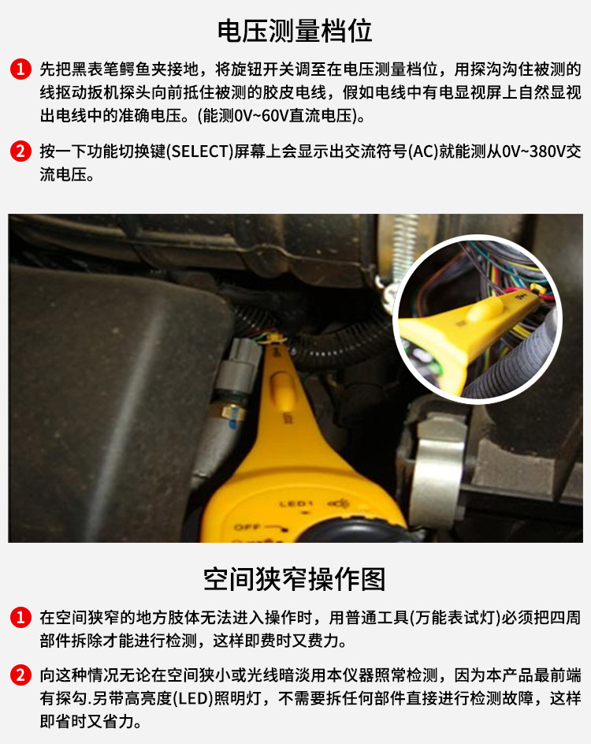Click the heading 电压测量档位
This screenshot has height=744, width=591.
295,32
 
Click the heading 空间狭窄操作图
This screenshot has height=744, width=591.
294,579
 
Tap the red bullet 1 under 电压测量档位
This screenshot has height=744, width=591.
20,69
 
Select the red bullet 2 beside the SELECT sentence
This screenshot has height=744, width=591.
20,151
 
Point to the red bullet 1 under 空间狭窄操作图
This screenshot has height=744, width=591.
20,617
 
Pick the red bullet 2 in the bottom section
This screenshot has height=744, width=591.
20,675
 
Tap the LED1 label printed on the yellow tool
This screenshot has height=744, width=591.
296,504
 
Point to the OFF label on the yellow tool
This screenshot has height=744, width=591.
247,527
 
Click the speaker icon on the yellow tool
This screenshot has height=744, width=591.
336,503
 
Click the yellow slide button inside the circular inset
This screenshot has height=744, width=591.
485,310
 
